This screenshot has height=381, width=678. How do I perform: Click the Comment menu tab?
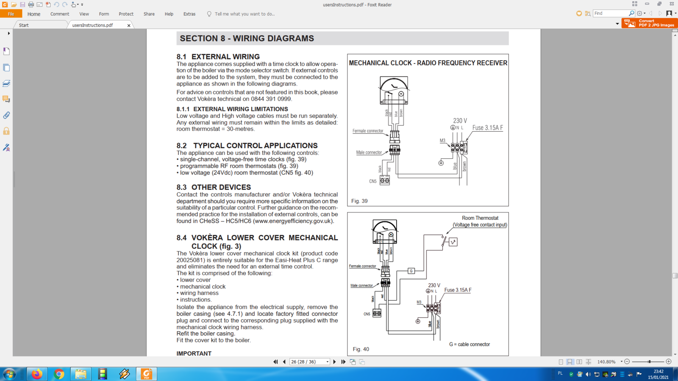59,14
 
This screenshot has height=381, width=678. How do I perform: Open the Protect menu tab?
126,14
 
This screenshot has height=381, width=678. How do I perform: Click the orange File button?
11,14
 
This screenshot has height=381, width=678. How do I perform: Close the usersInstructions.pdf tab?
129,25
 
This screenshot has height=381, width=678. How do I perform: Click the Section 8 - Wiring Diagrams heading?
247,39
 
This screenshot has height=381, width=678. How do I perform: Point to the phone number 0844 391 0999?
271,99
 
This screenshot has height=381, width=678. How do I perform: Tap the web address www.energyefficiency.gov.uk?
293,221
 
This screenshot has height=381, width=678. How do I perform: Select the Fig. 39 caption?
359,201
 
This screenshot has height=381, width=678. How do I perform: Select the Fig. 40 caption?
361,349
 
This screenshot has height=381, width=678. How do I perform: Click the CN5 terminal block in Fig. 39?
385,181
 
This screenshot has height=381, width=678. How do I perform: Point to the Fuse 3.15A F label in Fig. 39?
487,128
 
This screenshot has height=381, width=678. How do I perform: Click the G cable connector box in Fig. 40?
411,271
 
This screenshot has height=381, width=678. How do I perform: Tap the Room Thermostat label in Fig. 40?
480,218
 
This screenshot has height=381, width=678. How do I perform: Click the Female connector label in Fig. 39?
367,131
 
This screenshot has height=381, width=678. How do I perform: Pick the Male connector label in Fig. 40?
361,286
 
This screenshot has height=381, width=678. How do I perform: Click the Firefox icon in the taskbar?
37,374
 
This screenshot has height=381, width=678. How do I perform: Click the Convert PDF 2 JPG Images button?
650,23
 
